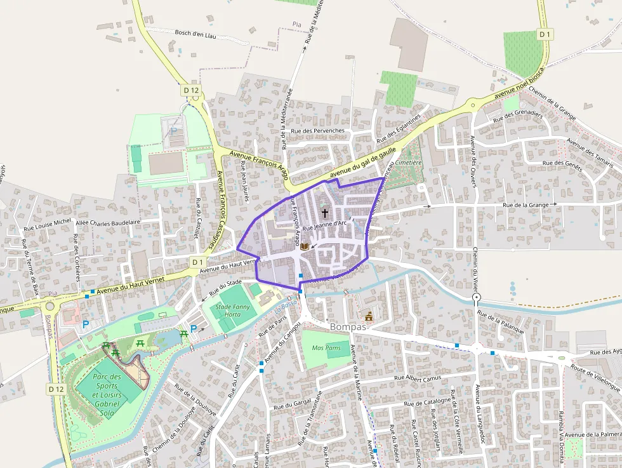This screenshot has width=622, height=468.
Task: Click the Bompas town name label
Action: pyautogui.click(x=348, y=327)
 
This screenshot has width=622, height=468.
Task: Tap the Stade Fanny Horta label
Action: pyautogui.click(x=228, y=311)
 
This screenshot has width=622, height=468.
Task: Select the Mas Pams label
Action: pyautogui.click(x=326, y=348)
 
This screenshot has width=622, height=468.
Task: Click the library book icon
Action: pyautogui.click(x=305, y=246)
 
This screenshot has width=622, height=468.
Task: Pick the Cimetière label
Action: pyautogui.click(x=409, y=163)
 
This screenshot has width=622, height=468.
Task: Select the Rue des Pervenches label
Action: pyautogui.click(x=317, y=131)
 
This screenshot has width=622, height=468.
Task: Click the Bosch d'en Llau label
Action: pyautogui.click(x=195, y=34)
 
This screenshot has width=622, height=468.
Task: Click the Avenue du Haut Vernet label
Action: pyautogui.click(x=125, y=285)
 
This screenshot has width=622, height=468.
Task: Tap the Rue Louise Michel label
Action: pyautogui.click(x=48, y=223)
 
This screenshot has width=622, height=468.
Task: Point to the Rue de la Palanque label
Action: pyautogui.click(x=501, y=323)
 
